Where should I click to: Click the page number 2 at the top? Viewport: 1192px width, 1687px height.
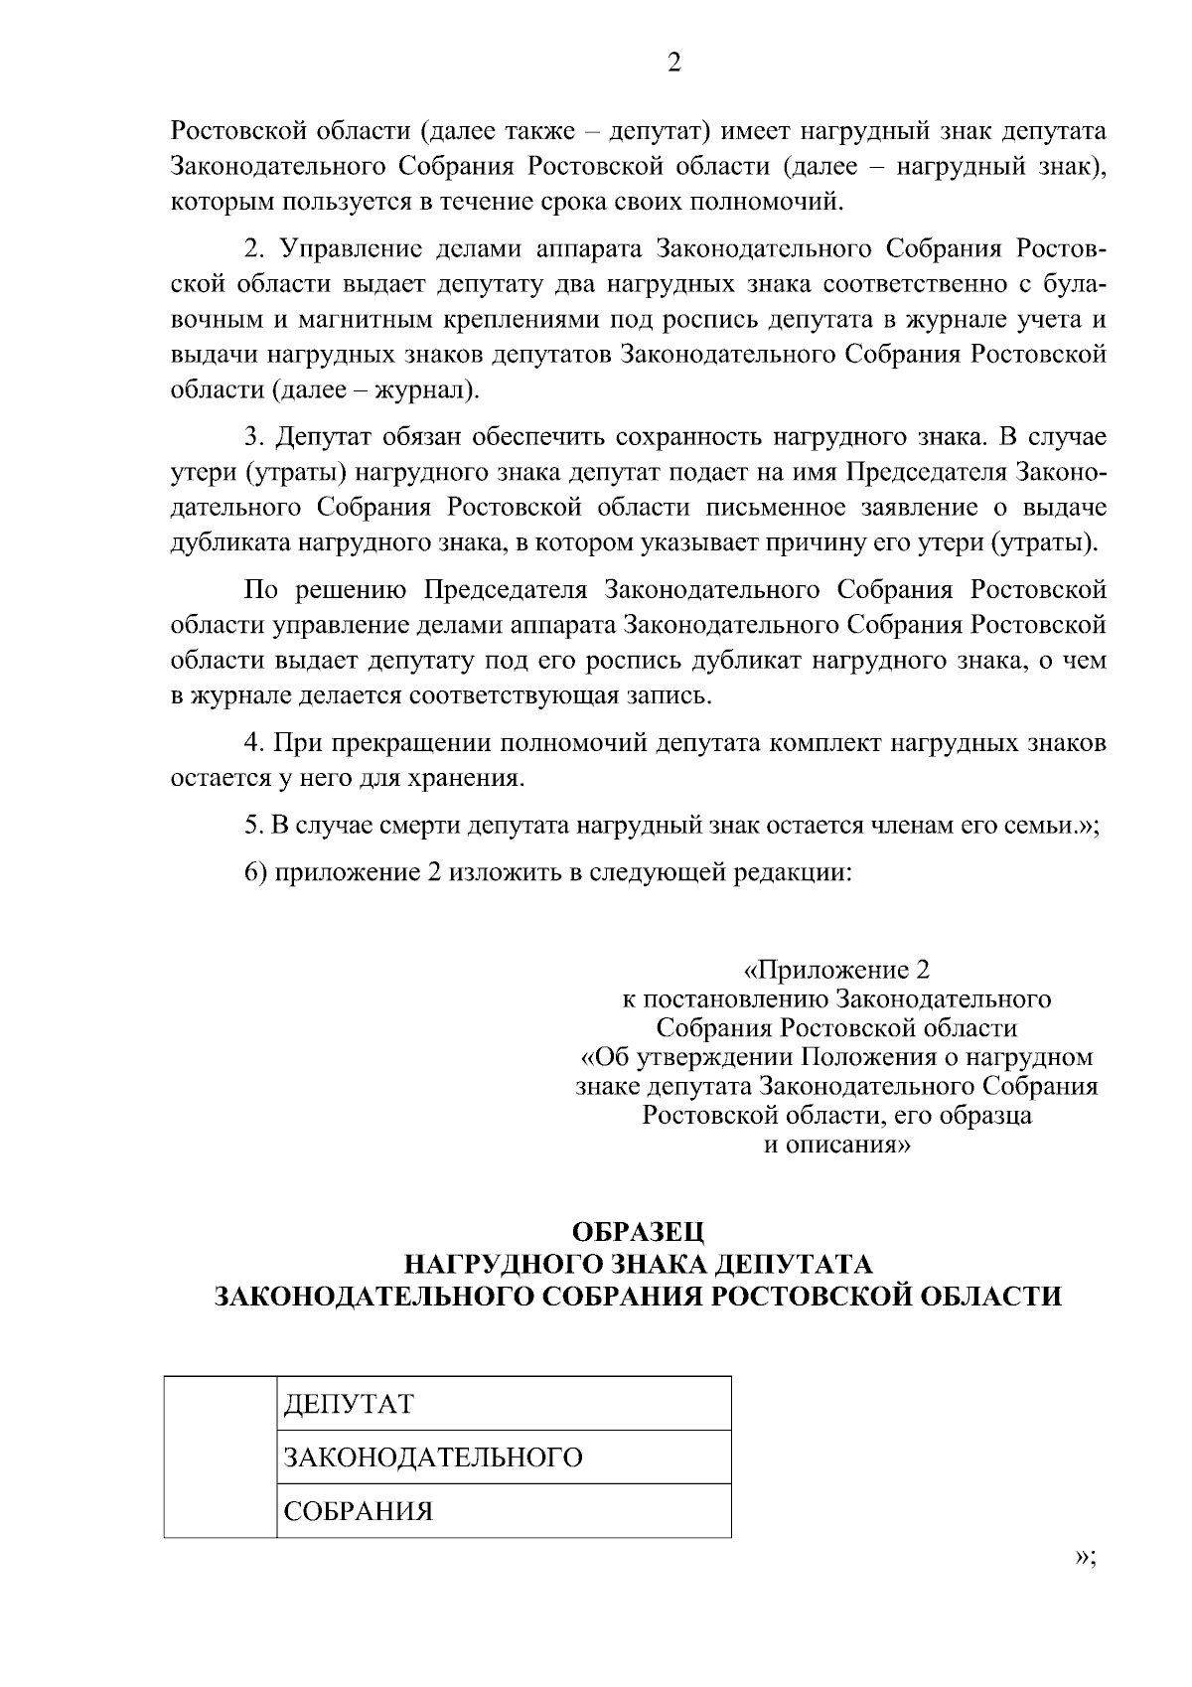click(x=674, y=64)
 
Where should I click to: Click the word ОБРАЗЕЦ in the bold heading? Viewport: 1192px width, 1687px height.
click(x=639, y=1233)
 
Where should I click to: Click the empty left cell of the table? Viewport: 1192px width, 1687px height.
click(x=220, y=1457)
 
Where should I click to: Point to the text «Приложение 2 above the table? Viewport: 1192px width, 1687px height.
click(x=836, y=970)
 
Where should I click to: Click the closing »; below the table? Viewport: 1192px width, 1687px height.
click(x=1086, y=1558)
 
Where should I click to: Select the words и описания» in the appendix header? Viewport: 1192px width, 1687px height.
click(x=836, y=1145)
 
